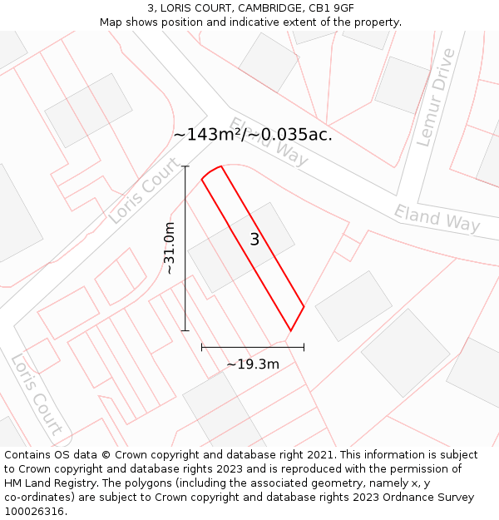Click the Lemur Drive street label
pyautogui.click(x=436, y=97)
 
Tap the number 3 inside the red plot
pyautogui.click(x=254, y=240)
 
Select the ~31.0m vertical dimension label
pyautogui.click(x=169, y=248)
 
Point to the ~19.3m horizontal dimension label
pyautogui.click(x=253, y=364)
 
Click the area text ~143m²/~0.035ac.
pyautogui.click(x=253, y=135)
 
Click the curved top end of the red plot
pyautogui.click(x=211, y=171)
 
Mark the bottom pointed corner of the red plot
pyautogui.click(x=290, y=330)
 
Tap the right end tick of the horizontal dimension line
pyautogui.click(x=304, y=346)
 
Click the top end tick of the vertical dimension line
pyautogui.click(x=185, y=166)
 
